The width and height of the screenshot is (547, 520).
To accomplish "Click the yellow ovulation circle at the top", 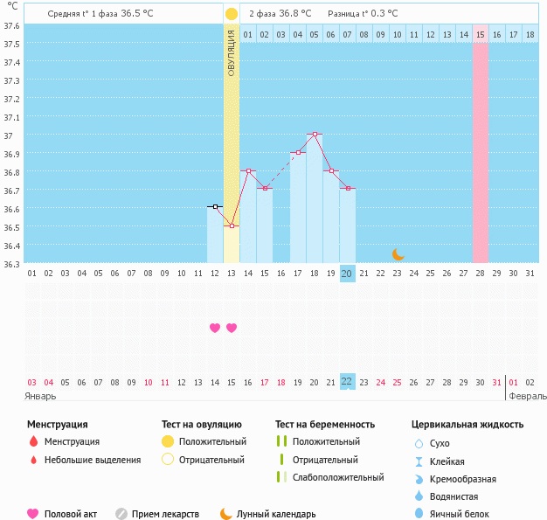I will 231,14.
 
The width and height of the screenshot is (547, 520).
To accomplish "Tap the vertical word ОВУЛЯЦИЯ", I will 231,53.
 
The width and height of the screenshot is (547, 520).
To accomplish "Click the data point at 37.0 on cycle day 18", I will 315,135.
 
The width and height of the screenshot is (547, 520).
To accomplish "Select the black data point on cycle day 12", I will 215,207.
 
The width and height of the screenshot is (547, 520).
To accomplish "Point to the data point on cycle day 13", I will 232,226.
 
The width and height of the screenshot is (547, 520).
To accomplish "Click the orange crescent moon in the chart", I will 398,253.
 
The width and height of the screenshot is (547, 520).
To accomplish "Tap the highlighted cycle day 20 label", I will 347,274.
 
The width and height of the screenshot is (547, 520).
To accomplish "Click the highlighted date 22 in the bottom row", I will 347,381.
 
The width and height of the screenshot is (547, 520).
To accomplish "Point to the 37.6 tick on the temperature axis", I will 12,25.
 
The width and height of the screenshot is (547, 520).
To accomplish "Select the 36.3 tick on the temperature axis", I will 12,264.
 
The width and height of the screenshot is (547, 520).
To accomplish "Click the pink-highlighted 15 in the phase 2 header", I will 481,34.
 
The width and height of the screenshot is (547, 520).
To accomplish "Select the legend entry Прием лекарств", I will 165,515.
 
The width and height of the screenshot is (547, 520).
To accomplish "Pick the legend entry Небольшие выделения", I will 92,460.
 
